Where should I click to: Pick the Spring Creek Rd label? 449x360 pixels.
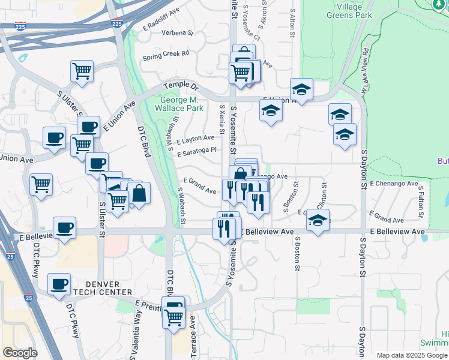(166, 55)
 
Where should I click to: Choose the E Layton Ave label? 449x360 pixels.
(196, 140)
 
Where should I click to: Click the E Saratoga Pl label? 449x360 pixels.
(196, 152)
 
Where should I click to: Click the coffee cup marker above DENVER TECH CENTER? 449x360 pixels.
(59, 284)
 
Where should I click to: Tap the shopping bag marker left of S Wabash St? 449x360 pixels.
(139, 193)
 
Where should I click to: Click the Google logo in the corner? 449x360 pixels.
(20, 353)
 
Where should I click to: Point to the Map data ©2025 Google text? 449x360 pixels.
(412, 355)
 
